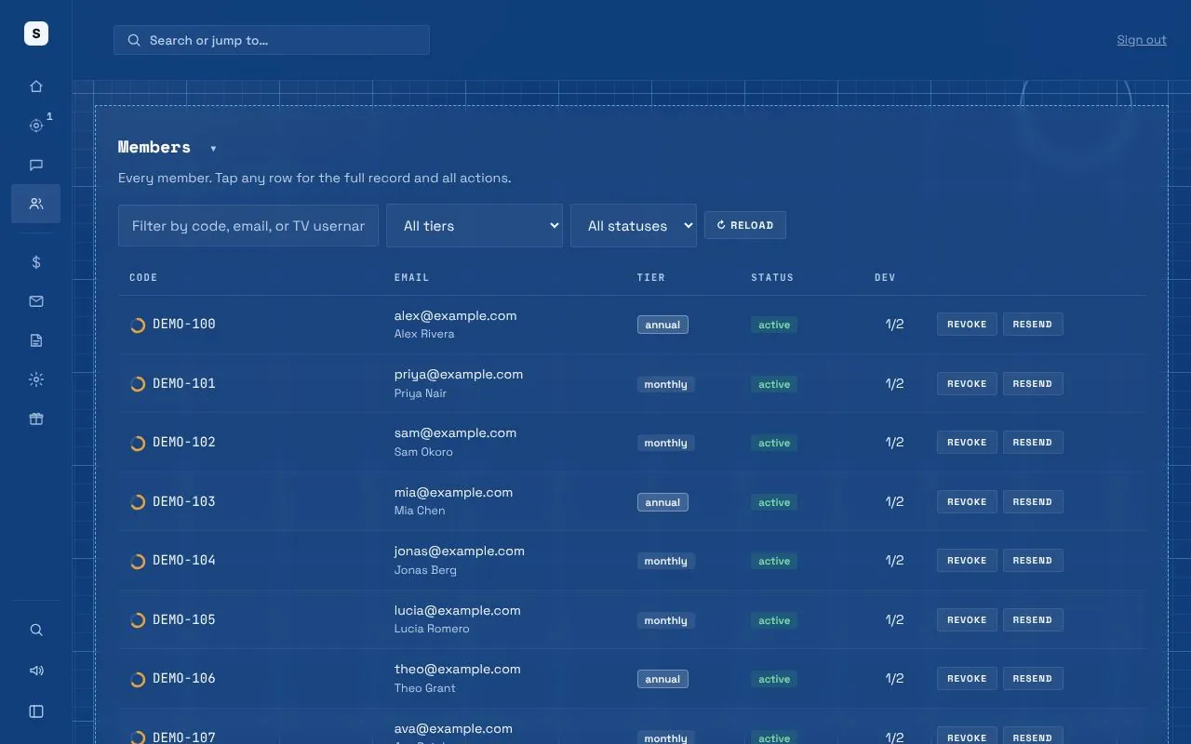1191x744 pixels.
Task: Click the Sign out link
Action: (1141, 40)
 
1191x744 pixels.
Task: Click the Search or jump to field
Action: (271, 40)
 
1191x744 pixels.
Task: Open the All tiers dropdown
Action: (475, 225)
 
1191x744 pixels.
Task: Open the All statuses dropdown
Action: (634, 225)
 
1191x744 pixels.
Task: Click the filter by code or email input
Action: (248, 225)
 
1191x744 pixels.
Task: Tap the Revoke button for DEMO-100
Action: (967, 325)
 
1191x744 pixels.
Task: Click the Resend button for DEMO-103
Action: (1033, 501)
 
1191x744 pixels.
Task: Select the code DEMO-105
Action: (184, 619)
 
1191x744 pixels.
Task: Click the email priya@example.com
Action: (459, 375)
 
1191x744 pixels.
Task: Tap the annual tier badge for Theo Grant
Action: (662, 679)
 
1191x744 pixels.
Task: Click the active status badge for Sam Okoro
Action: (773, 443)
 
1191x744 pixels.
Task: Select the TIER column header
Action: (650, 277)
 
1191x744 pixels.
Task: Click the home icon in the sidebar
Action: (36, 86)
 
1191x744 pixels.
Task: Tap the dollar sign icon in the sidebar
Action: (36, 262)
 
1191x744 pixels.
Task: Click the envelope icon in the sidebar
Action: (36, 301)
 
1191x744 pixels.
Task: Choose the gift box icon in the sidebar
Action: (36, 418)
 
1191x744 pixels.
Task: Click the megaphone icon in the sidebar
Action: (36, 671)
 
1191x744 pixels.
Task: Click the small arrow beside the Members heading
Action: (213, 149)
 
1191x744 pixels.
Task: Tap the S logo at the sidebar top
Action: (36, 33)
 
